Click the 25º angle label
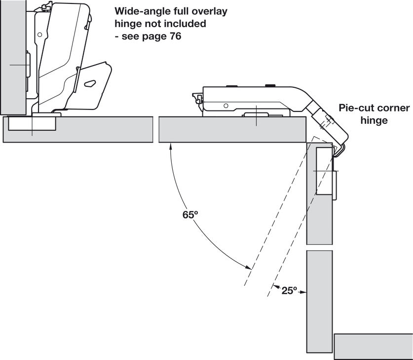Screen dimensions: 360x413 [x=289, y=291]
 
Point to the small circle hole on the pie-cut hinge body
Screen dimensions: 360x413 [x=225, y=106]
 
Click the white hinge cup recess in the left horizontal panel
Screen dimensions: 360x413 [x=32, y=124]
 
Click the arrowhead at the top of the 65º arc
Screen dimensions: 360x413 [x=171, y=145]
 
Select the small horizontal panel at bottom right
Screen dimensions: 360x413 [x=373, y=346]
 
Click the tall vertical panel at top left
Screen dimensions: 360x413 [x=13, y=57]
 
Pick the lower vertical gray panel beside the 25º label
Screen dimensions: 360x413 [x=319, y=301]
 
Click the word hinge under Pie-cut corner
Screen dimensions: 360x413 [x=375, y=120]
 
